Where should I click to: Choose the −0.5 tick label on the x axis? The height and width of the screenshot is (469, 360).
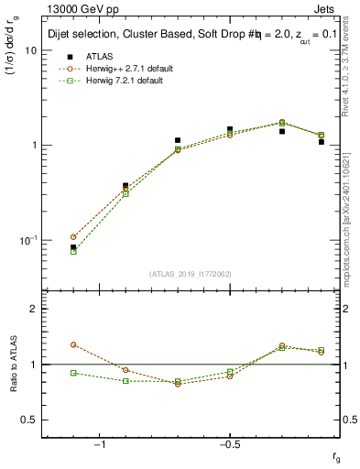pyautogui.click(x=228, y=444)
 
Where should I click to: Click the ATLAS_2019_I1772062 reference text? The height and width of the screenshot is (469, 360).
pyautogui.click(x=191, y=274)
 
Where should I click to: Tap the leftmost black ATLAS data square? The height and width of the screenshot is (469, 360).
pyautogui.click(x=73, y=247)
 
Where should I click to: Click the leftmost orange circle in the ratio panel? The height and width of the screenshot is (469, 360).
pyautogui.click(x=73, y=344)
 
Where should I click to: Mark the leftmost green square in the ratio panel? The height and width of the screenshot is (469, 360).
pyautogui.click(x=73, y=373)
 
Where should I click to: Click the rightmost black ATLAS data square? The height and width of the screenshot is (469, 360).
pyautogui.click(x=322, y=142)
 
